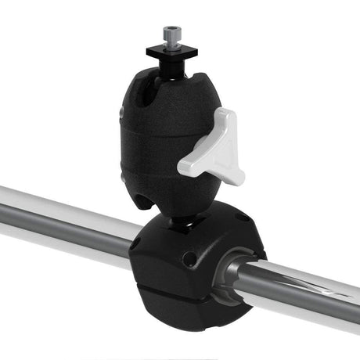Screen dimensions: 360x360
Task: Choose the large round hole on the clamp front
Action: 189,258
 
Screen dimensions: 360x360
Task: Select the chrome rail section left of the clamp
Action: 63,223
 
